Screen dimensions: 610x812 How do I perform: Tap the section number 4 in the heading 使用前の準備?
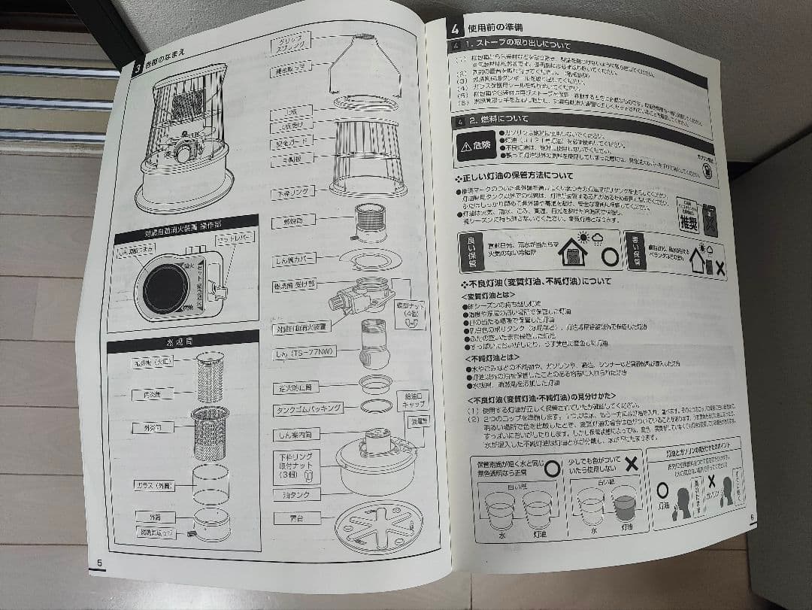pos(455,30)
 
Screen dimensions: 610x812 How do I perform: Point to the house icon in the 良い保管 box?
pos(573,253)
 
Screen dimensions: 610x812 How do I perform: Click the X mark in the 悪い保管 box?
pos(720,267)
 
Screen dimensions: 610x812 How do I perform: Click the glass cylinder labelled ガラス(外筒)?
pos(211,483)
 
